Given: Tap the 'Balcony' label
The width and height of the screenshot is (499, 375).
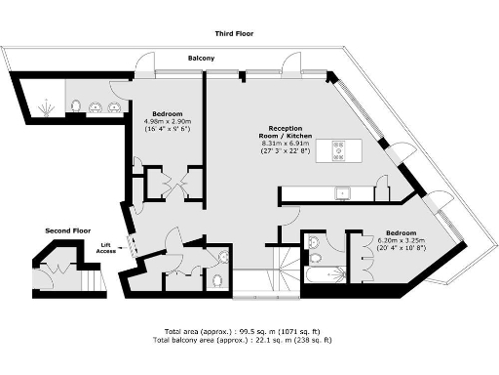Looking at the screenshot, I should [x=202, y=58].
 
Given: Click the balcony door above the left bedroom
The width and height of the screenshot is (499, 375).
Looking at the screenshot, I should [x=145, y=71].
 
